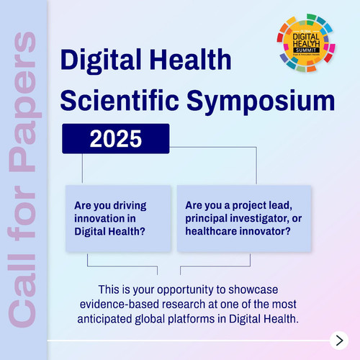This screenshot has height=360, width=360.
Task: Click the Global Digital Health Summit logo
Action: [x=306, y=43]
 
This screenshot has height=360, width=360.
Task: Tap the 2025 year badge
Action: [x=116, y=138]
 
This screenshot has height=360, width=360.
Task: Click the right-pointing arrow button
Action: [x=339, y=341]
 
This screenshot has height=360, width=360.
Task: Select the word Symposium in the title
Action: [x=261, y=101]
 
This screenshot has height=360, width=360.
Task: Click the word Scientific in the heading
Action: [x=120, y=100]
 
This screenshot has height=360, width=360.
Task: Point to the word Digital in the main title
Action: [x=101, y=60]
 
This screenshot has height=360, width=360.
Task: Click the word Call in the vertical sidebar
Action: [x=22, y=289]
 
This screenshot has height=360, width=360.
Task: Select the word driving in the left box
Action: [x=130, y=206]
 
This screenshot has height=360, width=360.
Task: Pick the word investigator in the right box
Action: [x=257, y=219]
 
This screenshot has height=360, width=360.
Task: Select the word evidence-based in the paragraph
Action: [x=120, y=305]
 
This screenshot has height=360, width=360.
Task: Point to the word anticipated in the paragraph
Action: [x=104, y=320]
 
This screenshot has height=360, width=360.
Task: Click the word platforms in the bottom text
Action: [x=192, y=320]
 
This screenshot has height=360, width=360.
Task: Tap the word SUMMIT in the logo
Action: [x=306, y=50]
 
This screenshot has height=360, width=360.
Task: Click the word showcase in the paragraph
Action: [x=253, y=289]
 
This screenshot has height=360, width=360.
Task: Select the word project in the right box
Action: [x=249, y=206]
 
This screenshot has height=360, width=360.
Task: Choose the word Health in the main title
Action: [x=191, y=59]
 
